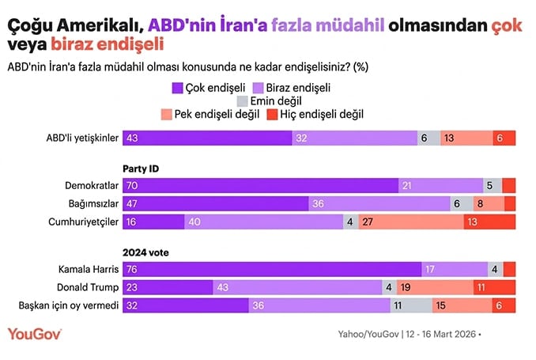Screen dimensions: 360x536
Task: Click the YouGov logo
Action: tap(35, 333)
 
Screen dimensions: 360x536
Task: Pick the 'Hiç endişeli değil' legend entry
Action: tap(314, 114)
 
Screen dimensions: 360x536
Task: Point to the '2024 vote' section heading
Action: tap(145, 252)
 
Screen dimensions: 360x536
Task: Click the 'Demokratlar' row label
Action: tap(92, 185)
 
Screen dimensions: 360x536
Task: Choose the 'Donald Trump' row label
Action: tap(89, 287)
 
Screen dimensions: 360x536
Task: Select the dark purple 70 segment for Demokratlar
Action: tap(261, 185)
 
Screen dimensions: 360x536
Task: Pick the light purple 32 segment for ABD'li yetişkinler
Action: tap(355, 138)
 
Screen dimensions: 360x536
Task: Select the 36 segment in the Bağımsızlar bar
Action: tap(379, 203)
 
